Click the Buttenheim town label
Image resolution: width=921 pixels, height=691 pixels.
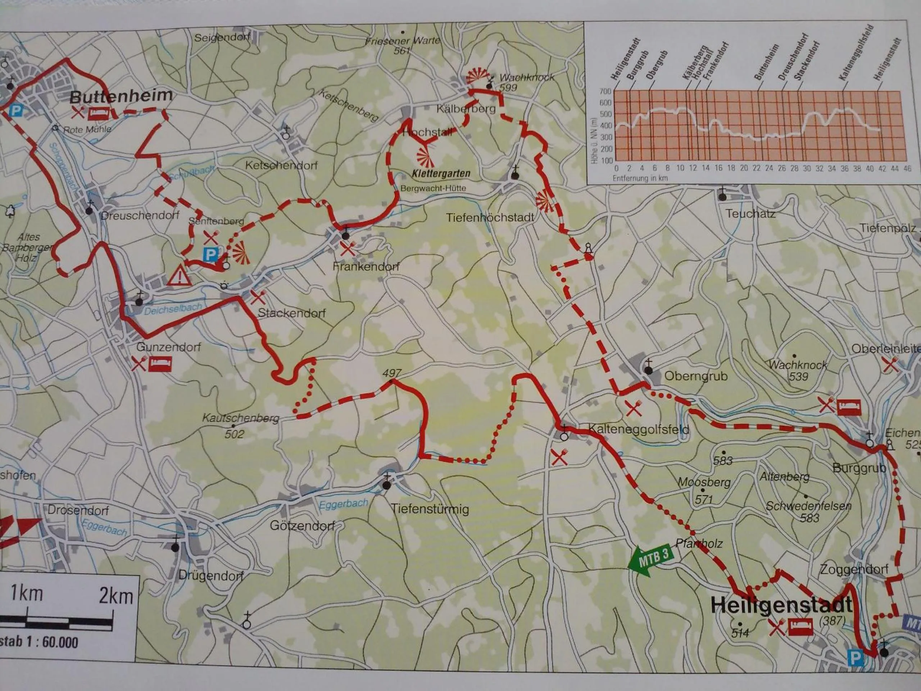coord(121,96)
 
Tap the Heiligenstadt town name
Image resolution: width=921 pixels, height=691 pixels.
coord(781,605)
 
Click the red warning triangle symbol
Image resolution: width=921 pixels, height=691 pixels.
coord(179,275)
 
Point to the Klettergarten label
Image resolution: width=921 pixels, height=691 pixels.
coord(441,173)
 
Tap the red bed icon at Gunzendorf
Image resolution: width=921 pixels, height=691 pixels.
coord(160,363)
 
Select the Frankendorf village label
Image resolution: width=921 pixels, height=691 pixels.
coord(366,266)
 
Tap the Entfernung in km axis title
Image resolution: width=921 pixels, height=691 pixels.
coord(640,178)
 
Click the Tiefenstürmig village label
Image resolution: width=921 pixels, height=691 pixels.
coord(430,509)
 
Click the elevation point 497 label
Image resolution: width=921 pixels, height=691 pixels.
coord(392,372)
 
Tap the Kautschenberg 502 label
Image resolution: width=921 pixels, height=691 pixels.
coord(239,425)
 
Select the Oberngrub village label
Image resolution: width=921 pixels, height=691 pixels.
coord(695,376)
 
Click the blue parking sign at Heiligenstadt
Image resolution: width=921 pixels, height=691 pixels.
coord(855,658)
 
